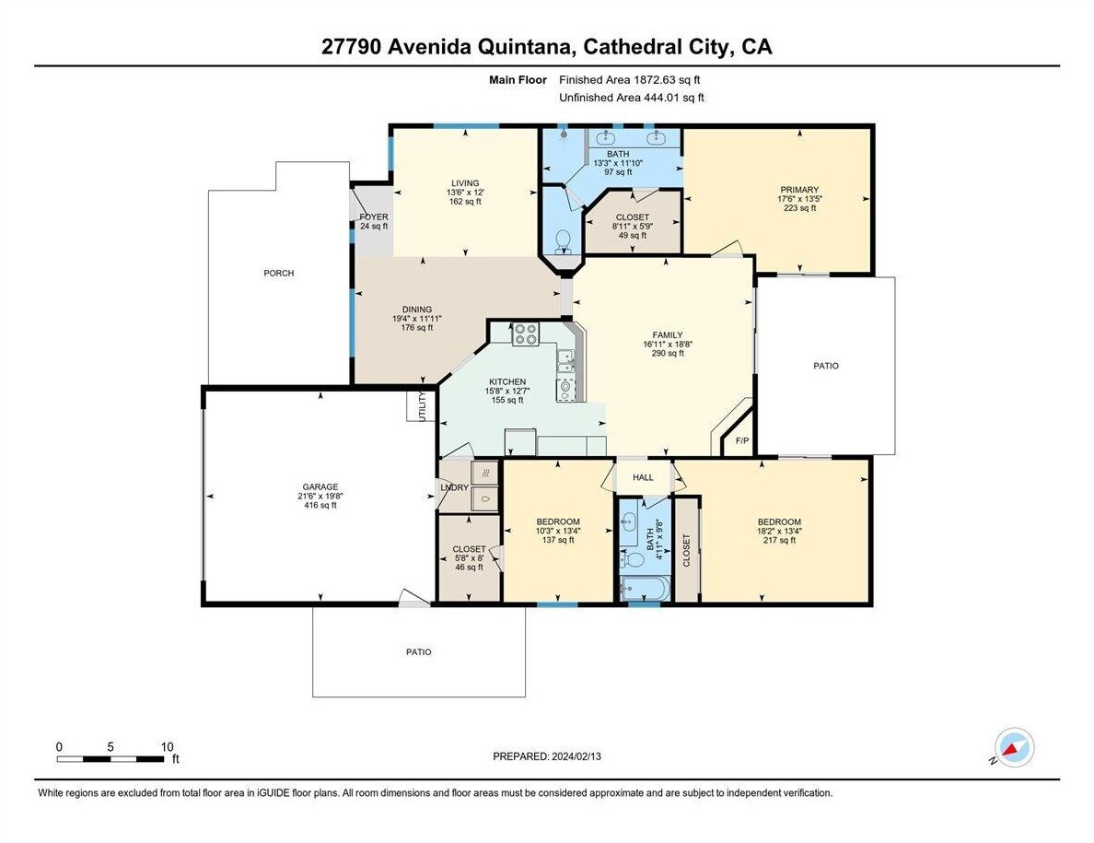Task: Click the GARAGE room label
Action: [x=320, y=487]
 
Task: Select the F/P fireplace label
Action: [x=741, y=441]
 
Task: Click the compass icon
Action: [x=1014, y=748]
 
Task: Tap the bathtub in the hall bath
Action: [x=645, y=589]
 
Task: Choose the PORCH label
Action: [x=279, y=273]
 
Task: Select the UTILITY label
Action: [x=422, y=405]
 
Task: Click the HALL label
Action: [x=644, y=477]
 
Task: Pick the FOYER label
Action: [x=374, y=217]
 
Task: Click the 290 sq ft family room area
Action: [x=668, y=353]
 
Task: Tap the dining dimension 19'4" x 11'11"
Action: [x=417, y=318]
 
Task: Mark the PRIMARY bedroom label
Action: [x=799, y=190]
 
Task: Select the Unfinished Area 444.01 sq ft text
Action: [x=632, y=98]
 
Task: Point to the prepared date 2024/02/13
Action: [x=576, y=756]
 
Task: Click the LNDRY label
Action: [x=455, y=487]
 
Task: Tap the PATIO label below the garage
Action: [x=419, y=651]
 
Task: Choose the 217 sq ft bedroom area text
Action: [x=779, y=540]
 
